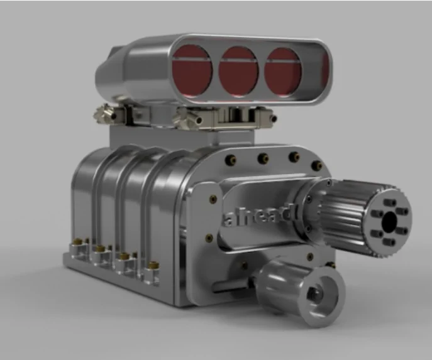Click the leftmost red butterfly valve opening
coord(192,71)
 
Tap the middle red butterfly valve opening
coord(238,72)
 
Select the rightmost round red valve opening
coord(283,73)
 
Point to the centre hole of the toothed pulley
coord(390,221)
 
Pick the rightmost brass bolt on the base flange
coord(153,266)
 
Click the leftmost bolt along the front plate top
coord(231,159)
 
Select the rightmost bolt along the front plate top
coord(317,165)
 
